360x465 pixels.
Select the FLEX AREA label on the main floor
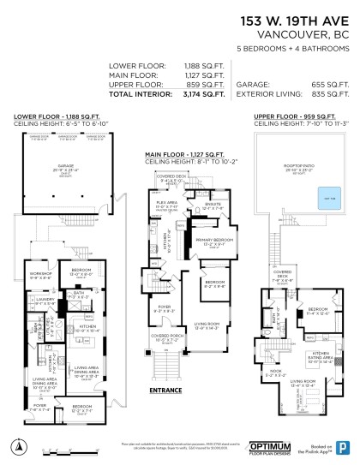point(165,204)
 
